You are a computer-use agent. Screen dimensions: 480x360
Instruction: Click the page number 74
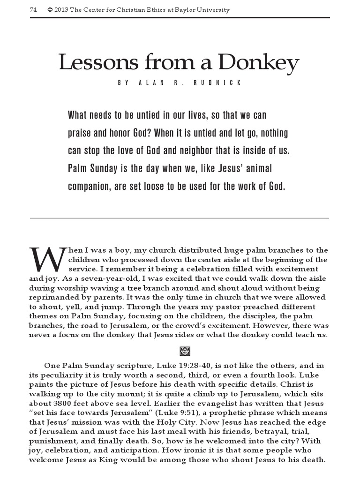[33, 10]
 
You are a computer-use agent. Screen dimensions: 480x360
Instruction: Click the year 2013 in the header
[61, 10]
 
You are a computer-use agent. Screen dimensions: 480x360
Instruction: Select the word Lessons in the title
[91, 63]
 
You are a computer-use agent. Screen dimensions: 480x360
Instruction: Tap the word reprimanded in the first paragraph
[53, 298]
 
